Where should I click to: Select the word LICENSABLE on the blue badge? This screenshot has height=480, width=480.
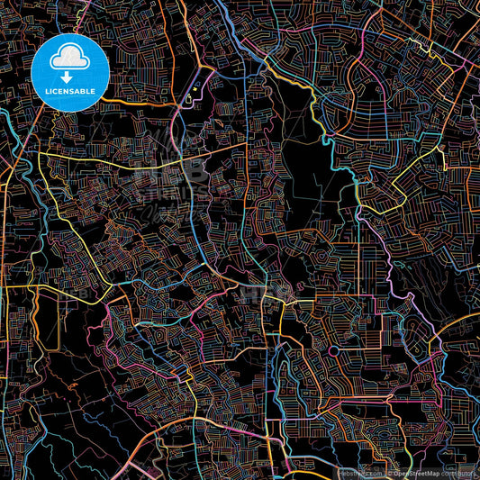(x=69, y=91)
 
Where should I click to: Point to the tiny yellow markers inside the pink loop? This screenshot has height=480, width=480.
(x=193, y=93)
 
